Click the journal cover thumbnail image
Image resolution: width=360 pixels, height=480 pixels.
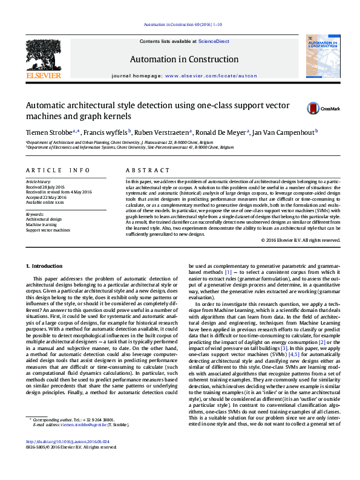point(317,57)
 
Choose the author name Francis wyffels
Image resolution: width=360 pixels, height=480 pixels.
point(106,131)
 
